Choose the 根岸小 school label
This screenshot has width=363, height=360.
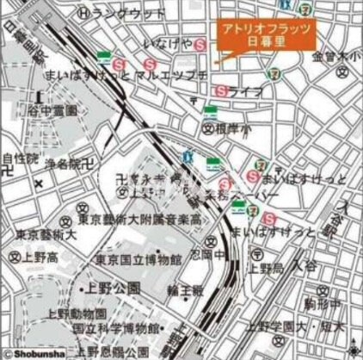[x=230, y=127]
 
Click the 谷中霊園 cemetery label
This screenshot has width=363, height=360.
[x=47, y=110]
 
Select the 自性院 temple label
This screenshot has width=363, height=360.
[x=21, y=158]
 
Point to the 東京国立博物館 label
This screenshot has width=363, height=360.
[x=138, y=258]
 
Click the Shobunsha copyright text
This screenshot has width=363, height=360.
[x=31, y=352]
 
